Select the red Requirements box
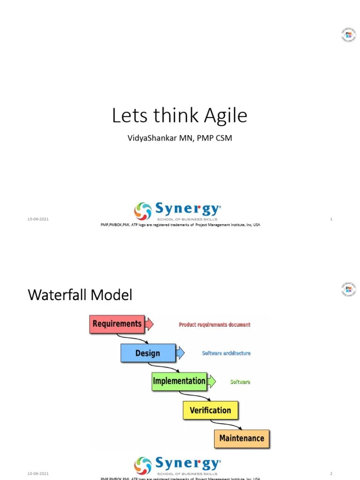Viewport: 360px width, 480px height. click(117, 324)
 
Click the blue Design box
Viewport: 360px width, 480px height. click(148, 353)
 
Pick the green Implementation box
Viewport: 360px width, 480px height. click(179, 381)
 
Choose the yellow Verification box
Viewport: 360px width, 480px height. click(210, 410)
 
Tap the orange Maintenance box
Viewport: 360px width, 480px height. click(242, 439)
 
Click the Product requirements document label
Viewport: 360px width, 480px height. click(215, 324)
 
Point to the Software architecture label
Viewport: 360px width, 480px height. click(226, 353)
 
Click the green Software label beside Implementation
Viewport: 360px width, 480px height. click(240, 382)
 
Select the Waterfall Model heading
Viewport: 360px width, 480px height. click(80, 295)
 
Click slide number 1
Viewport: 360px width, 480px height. click(331, 219)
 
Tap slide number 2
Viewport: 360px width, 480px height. click(331, 473)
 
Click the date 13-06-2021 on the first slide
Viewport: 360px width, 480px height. click(38, 219)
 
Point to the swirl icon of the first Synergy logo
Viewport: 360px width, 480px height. click(143, 211)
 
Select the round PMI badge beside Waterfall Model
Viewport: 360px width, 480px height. click(348, 289)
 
